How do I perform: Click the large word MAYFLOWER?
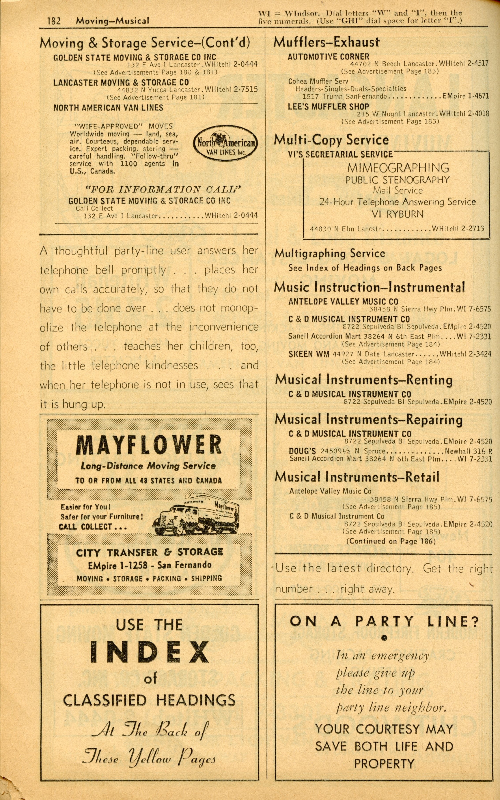point(149,445)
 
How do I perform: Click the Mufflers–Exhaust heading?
point(326,42)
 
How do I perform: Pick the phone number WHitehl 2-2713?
point(458,229)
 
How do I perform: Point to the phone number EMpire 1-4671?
point(465,96)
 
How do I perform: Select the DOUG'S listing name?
point(302,451)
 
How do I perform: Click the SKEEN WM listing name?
point(309,354)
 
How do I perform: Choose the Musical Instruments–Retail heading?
point(357,477)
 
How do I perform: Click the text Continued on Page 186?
point(391,541)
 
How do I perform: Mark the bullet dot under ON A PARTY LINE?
point(384,639)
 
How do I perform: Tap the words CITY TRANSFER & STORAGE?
point(149,553)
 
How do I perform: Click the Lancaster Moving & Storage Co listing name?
point(121,82)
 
